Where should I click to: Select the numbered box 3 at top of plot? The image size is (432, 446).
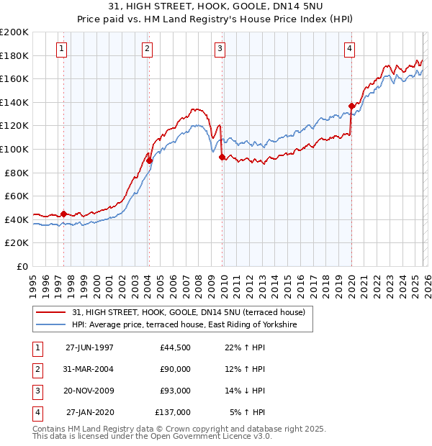[x=220, y=49]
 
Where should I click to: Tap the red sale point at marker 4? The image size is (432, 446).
[x=351, y=106]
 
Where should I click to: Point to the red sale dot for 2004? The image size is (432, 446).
[x=149, y=160]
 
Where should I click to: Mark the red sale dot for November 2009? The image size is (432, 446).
[x=222, y=157]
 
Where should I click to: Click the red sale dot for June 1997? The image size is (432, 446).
[x=63, y=214]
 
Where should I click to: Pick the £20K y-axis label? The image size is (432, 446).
[x=17, y=243]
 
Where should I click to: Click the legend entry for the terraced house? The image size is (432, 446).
[x=189, y=312]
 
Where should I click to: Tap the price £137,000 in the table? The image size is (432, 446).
[x=173, y=412]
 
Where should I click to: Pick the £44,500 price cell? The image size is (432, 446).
[x=175, y=347]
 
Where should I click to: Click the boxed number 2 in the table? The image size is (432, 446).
[x=36, y=369]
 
